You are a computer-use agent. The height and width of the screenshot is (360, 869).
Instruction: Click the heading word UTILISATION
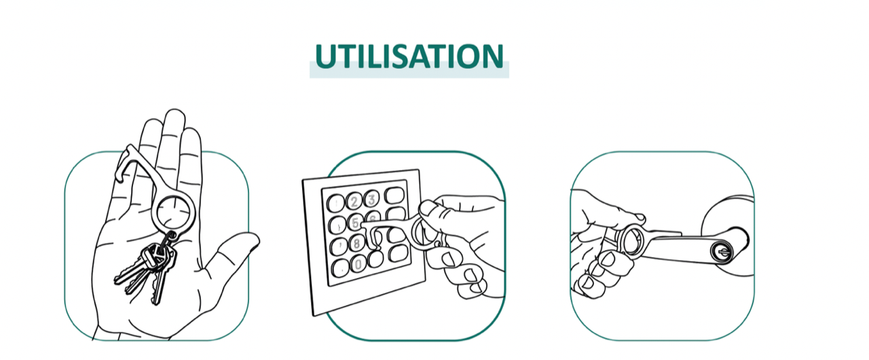409,56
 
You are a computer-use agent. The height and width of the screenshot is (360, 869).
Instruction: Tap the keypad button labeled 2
354,201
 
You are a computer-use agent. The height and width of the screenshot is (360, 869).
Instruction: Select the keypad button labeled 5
354,222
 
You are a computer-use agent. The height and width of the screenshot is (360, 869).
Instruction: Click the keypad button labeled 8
356,244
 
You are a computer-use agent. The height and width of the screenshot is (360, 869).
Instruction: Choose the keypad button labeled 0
358,264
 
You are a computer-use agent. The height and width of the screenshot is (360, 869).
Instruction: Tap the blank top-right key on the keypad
394,195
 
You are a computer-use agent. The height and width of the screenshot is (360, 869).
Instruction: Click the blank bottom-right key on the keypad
398,253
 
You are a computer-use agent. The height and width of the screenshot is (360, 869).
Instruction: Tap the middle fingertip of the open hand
174,117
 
